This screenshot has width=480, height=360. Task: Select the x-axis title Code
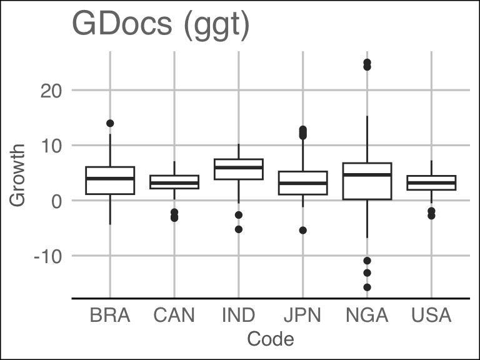click(271, 339)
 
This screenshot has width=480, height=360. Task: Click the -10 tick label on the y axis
click(48, 256)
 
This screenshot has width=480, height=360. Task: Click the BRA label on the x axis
click(110, 316)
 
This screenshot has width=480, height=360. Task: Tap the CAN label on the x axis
click(174, 316)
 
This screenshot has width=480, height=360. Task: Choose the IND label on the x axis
click(238, 316)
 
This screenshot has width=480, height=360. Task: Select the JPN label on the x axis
click(302, 316)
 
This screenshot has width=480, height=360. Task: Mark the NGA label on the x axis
click(367, 316)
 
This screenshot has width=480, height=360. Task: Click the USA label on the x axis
click(431, 316)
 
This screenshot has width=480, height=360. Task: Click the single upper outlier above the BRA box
click(110, 123)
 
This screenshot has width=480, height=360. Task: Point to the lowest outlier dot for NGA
click(367, 287)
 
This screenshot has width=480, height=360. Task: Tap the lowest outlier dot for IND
click(238, 229)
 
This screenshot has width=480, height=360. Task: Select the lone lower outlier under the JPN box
click(302, 231)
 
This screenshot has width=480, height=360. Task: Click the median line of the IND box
click(238, 167)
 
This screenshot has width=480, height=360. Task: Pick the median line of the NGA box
click(367, 175)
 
